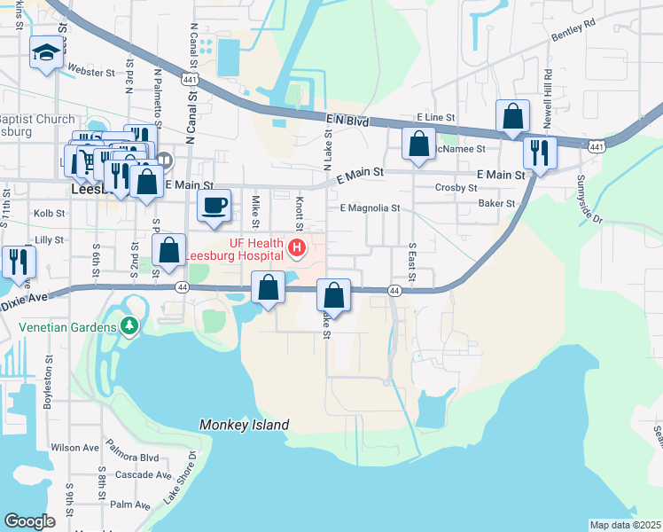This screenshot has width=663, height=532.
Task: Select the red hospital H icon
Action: pos(298,247)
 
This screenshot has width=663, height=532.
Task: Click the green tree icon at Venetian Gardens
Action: pos(130,327)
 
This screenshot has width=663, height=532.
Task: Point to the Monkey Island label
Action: pos(245,425)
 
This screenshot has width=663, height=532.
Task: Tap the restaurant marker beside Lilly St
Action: pos(18,262)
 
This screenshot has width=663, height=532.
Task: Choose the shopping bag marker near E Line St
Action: pos(513,116)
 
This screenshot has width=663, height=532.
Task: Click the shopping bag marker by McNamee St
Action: pos(418,144)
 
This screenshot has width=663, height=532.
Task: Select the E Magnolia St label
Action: pos(370,208)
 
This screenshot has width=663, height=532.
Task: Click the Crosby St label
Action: pos(457,187)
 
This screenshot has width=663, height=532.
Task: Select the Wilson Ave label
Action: pos(74,448)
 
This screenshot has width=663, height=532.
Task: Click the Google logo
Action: pos(30,521)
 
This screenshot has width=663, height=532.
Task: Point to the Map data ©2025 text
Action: pos(626,525)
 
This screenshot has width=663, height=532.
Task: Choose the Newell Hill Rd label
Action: pos(549,89)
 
